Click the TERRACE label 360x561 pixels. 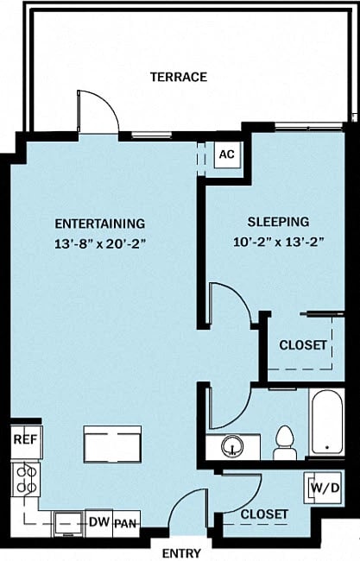point(179,77)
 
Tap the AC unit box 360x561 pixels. point(226,154)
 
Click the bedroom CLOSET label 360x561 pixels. point(303,344)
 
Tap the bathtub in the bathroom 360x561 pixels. point(326,423)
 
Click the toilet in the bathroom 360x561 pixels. point(284,443)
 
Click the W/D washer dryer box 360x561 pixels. point(323,489)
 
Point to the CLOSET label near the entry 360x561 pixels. point(263,514)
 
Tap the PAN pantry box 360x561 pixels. point(126,523)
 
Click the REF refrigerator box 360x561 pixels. point(23,439)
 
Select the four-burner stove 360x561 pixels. point(24,479)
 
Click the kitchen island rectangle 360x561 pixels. point(111,444)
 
